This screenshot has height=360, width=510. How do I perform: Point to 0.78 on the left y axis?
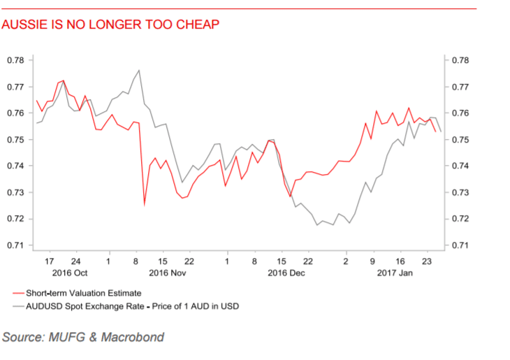15,60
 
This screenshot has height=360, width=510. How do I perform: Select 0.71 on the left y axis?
15,245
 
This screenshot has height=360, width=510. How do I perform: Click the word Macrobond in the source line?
132,338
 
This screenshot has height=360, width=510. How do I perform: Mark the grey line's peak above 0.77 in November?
140,70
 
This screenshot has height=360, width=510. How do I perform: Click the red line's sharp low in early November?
145,204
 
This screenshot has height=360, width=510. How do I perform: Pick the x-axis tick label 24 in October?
76,261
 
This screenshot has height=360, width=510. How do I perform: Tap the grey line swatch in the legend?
18,306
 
